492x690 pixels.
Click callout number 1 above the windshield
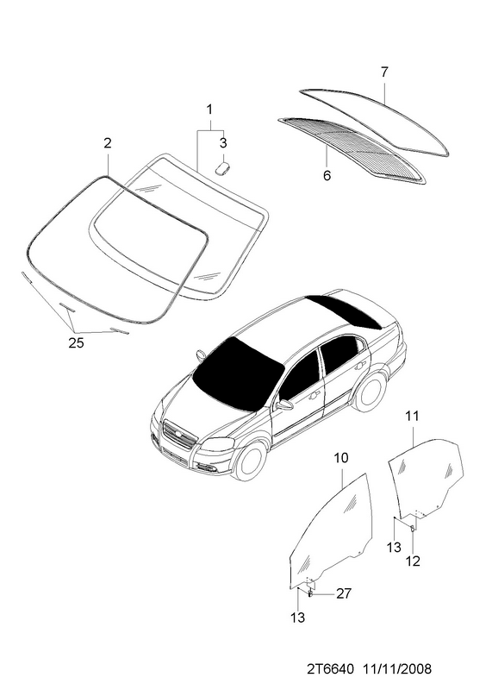[209, 110]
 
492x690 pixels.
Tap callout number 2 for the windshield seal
[108, 142]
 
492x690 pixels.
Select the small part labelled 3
[223, 168]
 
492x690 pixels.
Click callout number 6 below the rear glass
[327, 176]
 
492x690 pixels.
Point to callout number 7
[384, 72]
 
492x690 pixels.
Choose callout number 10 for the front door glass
[341, 458]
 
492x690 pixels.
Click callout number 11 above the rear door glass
[412, 416]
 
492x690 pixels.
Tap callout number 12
[414, 561]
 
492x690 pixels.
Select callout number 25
[76, 342]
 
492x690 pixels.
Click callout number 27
[344, 593]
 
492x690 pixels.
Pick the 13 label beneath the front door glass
[297, 618]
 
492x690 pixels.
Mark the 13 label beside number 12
[394, 547]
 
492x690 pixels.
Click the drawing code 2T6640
[330, 669]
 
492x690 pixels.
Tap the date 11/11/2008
[397, 669]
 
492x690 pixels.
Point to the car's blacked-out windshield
[239, 373]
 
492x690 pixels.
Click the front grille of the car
[179, 435]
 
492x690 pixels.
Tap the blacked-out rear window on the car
[345, 311]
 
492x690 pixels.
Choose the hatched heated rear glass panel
[352, 149]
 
